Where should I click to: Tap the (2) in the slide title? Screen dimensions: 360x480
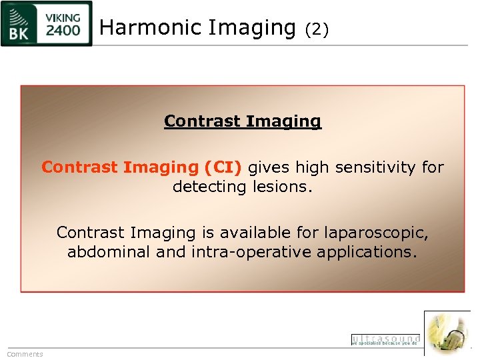(x=317, y=29)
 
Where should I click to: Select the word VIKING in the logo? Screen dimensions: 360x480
(x=63, y=17)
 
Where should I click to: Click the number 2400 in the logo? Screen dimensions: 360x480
(x=63, y=31)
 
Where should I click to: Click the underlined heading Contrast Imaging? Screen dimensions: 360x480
(x=243, y=121)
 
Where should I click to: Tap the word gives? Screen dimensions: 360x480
(x=270, y=167)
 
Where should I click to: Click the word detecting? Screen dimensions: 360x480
(x=209, y=187)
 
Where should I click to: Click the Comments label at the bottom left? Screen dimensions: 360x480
(x=25, y=354)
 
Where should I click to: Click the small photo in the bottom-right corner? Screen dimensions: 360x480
(x=447, y=333)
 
